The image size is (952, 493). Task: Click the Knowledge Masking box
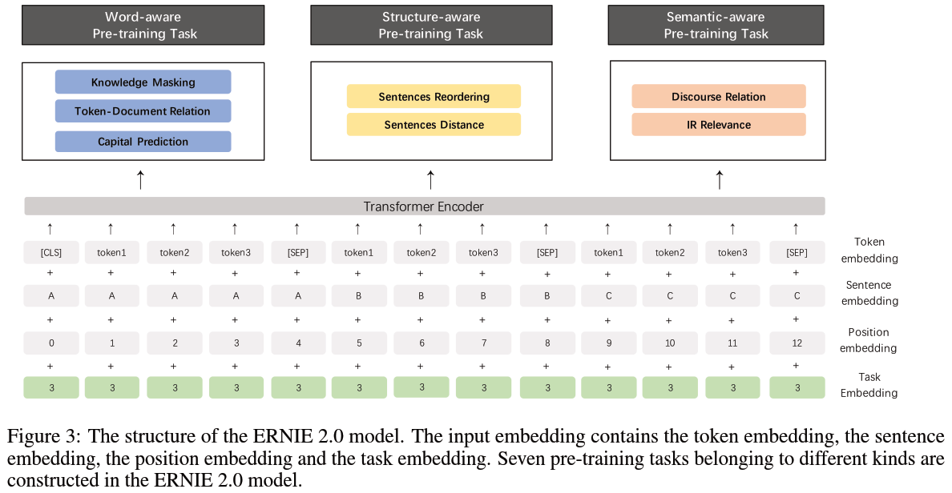pyautogui.click(x=143, y=82)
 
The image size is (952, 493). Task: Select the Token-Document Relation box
pyautogui.click(x=143, y=111)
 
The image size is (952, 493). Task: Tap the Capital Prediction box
pyautogui.click(x=143, y=142)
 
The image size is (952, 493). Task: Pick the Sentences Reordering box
pyautogui.click(x=434, y=96)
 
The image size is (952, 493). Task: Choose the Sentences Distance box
pyautogui.click(x=434, y=124)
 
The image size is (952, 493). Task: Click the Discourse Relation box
pyautogui.click(x=718, y=96)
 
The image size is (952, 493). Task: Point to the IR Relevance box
pyautogui.click(x=718, y=124)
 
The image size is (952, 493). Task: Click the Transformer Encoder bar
pyautogui.click(x=425, y=206)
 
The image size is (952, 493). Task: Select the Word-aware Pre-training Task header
pyautogui.click(x=143, y=26)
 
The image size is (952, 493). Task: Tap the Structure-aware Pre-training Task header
pyautogui.click(x=431, y=26)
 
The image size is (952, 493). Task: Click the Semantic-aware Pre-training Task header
pyautogui.click(x=716, y=26)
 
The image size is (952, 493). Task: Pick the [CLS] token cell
pyautogui.click(x=51, y=252)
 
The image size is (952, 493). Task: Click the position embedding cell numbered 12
pyautogui.click(x=797, y=343)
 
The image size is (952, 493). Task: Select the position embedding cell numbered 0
pyautogui.click(x=51, y=343)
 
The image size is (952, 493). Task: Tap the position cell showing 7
pyautogui.click(x=483, y=343)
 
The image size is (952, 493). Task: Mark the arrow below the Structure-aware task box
pyautogui.click(x=430, y=180)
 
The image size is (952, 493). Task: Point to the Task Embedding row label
pyautogui.click(x=869, y=385)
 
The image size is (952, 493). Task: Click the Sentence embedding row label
pyautogui.click(x=869, y=293)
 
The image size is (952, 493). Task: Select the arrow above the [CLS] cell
pyautogui.click(x=50, y=229)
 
